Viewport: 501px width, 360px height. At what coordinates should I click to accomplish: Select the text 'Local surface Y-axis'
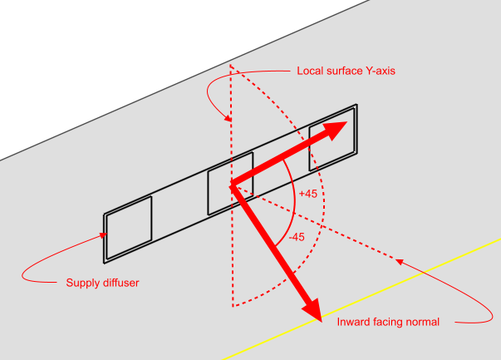click(x=346, y=72)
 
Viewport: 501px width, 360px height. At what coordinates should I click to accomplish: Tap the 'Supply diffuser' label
click(x=102, y=284)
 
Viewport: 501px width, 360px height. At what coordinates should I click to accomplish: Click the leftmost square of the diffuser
click(x=129, y=225)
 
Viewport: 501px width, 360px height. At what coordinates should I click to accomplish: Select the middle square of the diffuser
click(x=229, y=182)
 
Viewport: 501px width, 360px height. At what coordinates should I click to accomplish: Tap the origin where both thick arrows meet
click(x=233, y=184)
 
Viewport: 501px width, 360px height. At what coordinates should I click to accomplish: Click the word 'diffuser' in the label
click(x=119, y=284)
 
